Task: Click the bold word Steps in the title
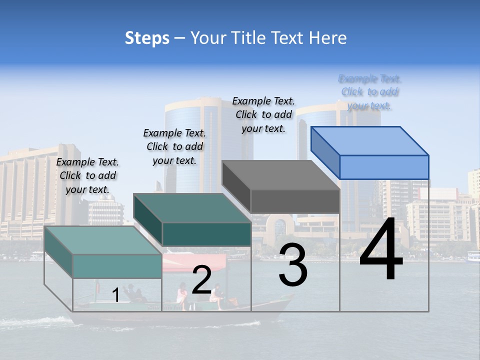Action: point(147,38)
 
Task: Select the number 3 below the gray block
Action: point(293,264)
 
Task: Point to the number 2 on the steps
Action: point(202,280)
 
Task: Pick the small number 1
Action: point(116,295)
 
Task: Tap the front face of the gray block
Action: point(295,201)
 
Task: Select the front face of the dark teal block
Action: point(206,234)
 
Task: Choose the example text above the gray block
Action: point(263,114)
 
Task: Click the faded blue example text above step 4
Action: point(370,92)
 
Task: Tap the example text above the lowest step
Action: point(87,175)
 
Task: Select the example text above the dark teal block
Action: point(174,146)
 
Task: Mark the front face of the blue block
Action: point(384,167)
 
